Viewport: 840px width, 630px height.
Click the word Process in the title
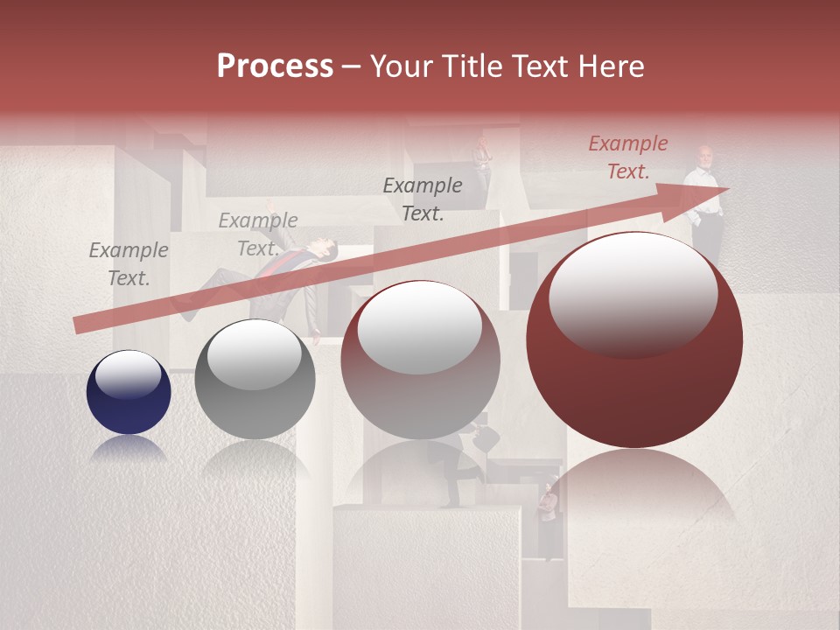[275, 66]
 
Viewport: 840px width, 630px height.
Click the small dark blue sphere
[129, 392]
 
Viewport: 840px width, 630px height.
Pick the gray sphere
[255, 379]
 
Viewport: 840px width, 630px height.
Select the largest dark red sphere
[634, 339]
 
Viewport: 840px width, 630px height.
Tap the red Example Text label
[628, 157]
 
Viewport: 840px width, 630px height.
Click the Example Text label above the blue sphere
[129, 263]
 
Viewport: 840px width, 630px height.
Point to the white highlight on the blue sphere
[129, 374]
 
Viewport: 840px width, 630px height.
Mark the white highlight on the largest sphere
[633, 290]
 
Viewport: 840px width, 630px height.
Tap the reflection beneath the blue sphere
[129, 449]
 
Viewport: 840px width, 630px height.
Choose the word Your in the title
[399, 66]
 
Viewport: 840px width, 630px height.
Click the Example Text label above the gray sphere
[258, 234]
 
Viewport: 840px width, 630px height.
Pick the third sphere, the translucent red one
[420, 359]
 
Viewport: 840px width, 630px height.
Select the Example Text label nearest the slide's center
[423, 199]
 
